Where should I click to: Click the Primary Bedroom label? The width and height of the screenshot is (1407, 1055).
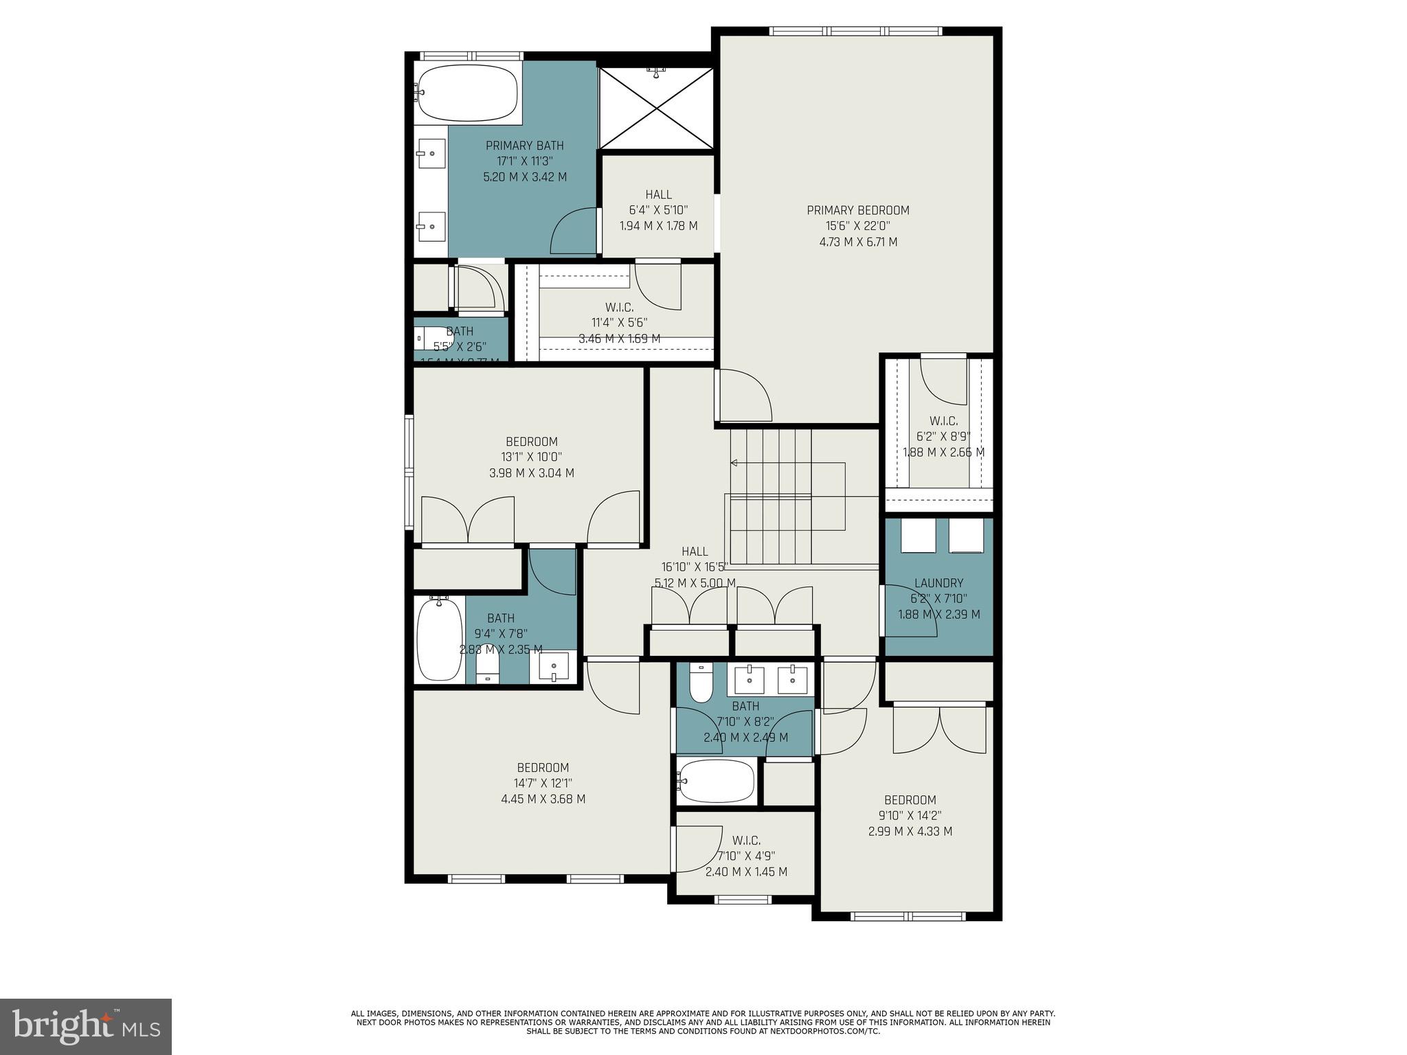[857, 210]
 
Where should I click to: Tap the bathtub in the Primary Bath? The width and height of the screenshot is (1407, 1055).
[467, 92]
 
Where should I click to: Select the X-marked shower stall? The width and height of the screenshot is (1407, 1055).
[657, 107]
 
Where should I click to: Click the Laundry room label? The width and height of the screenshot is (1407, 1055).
[938, 583]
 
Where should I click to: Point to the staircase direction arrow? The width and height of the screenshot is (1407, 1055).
[734, 463]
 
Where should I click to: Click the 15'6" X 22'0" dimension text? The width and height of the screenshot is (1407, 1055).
[857, 226]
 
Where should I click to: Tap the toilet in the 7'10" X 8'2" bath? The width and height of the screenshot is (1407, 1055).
[701, 683]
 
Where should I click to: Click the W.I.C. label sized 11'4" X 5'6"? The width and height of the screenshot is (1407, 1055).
[619, 307]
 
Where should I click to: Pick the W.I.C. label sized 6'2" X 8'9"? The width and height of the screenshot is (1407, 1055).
[943, 421]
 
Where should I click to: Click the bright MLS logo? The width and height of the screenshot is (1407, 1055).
[85, 1027]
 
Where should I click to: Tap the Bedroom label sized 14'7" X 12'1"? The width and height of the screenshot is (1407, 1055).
[543, 767]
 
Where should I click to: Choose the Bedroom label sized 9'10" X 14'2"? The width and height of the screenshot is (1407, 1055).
[910, 799]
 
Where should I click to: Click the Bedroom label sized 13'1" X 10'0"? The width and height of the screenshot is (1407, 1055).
[532, 442]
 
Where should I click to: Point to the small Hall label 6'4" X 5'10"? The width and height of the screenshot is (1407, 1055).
[658, 194]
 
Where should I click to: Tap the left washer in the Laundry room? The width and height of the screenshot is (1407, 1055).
[918, 535]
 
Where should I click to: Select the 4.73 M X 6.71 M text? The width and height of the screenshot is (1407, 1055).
[857, 242]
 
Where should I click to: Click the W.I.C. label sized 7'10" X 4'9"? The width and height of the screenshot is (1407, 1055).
[746, 840]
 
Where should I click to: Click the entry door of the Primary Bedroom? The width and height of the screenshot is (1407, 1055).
[743, 397]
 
